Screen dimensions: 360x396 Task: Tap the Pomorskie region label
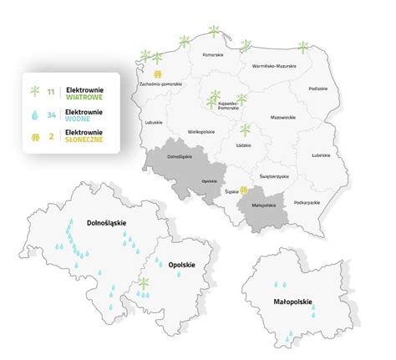pos(213,55)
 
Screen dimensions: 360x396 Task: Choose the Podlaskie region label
pos(317,87)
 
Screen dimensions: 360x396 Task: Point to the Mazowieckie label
pos(282,117)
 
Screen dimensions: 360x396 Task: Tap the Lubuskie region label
pos(152,123)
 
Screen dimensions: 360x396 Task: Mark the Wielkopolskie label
pos(202,131)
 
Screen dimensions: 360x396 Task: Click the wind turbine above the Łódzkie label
pos(245,131)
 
